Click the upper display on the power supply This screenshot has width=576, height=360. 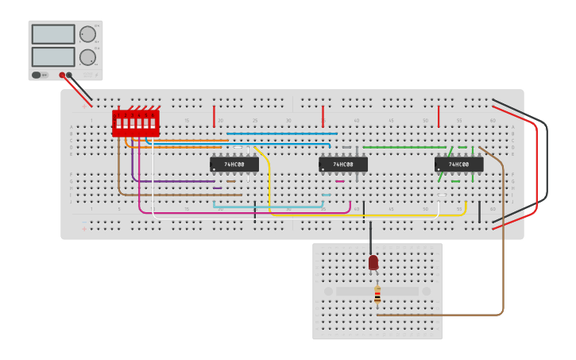click(x=53, y=34)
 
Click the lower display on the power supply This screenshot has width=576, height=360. click(x=53, y=57)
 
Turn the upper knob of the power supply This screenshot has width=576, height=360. click(x=87, y=33)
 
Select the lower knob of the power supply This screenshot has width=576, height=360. click(x=87, y=57)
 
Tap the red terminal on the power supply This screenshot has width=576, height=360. click(x=62, y=75)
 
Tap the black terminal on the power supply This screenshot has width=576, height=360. click(x=69, y=75)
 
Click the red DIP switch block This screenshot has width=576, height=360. click(x=136, y=123)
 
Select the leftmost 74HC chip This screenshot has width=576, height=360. click(x=234, y=165)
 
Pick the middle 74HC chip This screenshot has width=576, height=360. click(x=342, y=165)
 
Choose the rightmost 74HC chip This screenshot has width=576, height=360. click(x=458, y=165)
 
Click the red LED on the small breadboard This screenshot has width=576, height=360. click(x=373, y=262)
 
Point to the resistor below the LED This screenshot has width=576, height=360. click(x=377, y=295)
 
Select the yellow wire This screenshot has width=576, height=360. click(x=365, y=215)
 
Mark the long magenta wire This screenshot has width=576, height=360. click(x=238, y=213)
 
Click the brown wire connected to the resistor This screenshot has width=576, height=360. click(x=503, y=238)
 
